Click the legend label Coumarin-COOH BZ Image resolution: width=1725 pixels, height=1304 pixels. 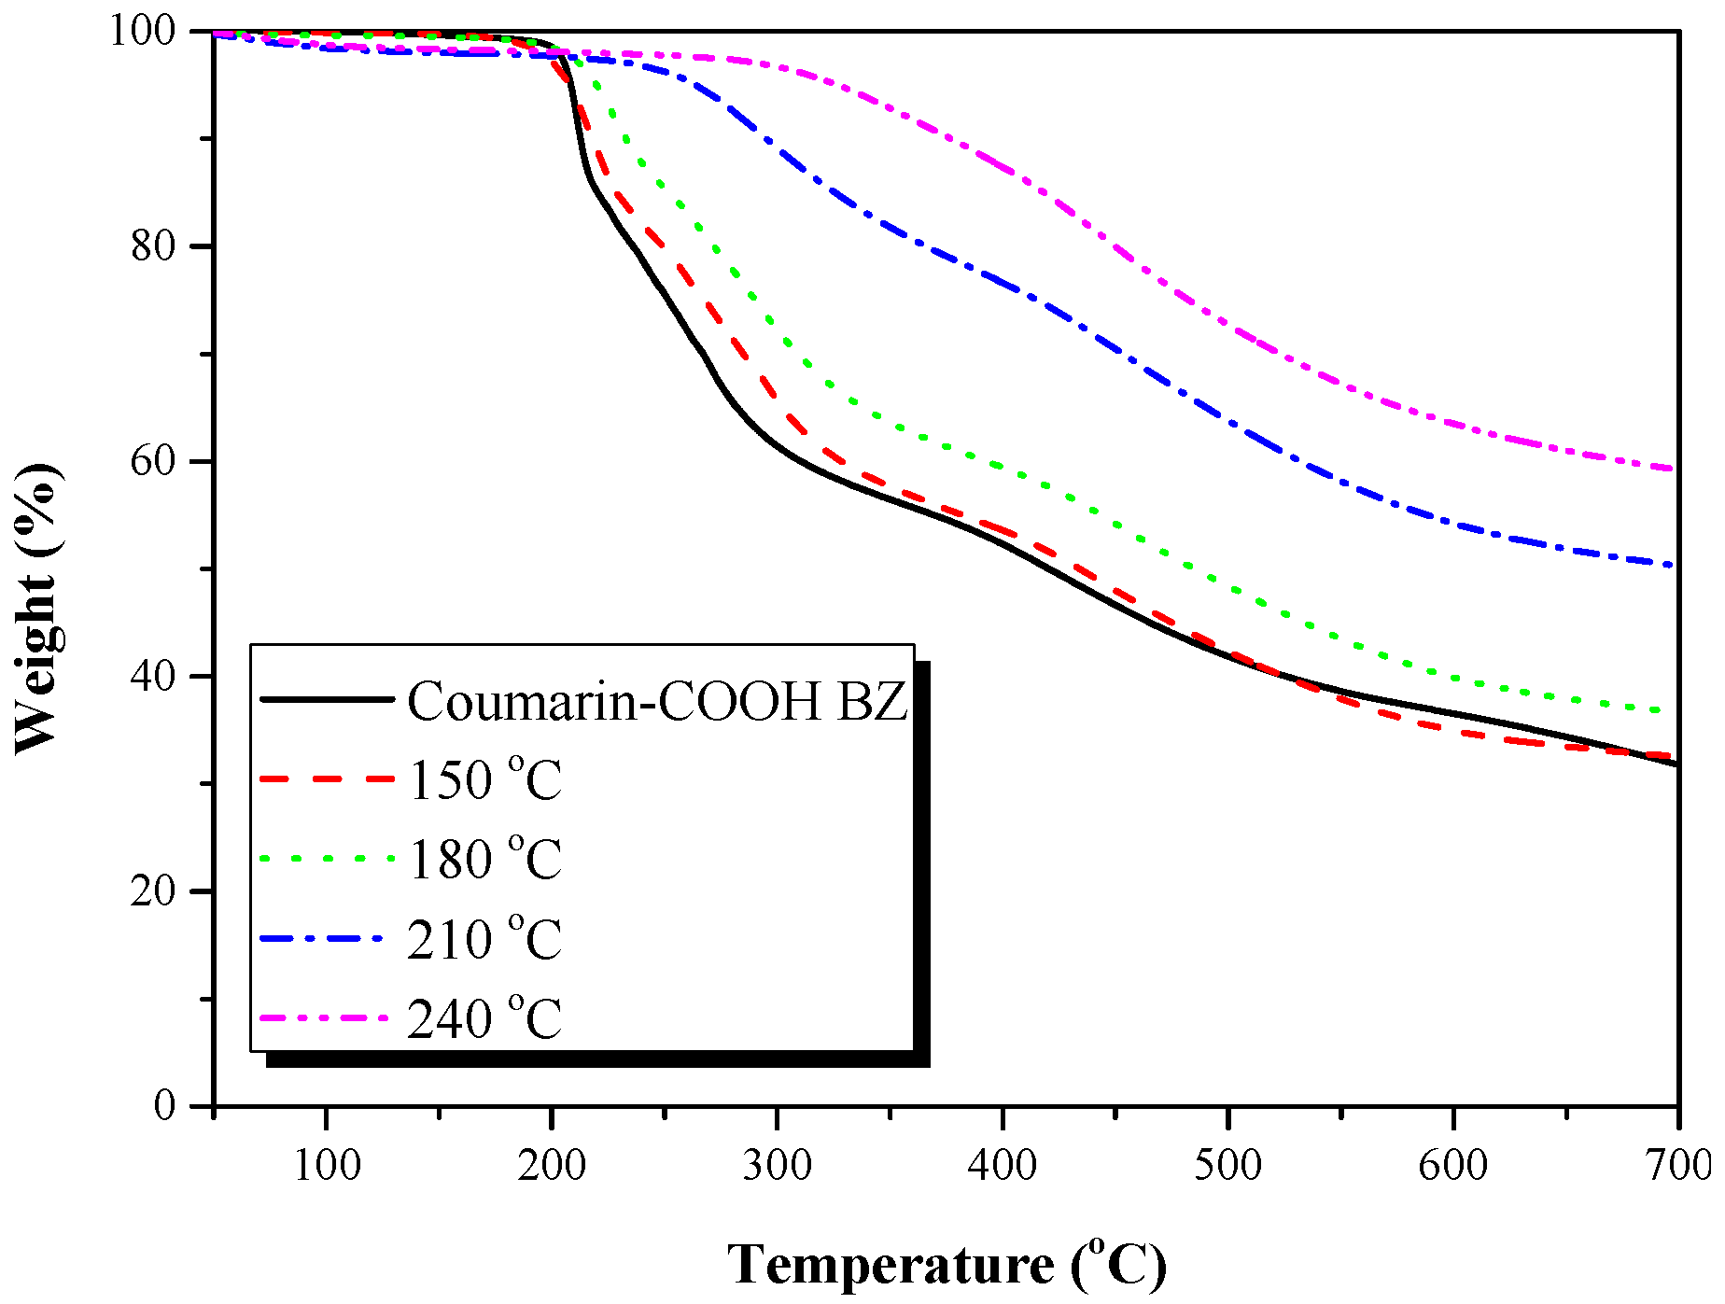point(657,700)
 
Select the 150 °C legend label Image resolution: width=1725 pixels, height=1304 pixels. point(485,779)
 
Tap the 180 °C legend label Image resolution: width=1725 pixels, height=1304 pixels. point(485,859)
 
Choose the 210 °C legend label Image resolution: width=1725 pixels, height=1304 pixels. point(485,939)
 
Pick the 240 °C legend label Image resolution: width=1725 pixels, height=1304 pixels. point(485,1018)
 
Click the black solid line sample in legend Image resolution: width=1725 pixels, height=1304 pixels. point(327,698)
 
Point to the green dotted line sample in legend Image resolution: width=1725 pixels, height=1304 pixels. point(327,858)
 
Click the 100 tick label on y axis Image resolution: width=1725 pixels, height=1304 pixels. point(142,31)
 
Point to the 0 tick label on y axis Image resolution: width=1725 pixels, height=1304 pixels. point(164,1105)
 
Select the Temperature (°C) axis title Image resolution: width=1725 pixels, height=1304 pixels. point(947,1265)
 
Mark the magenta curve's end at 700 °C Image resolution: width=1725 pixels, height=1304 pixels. point(1676,469)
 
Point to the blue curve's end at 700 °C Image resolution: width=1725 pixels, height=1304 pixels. point(1676,565)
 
